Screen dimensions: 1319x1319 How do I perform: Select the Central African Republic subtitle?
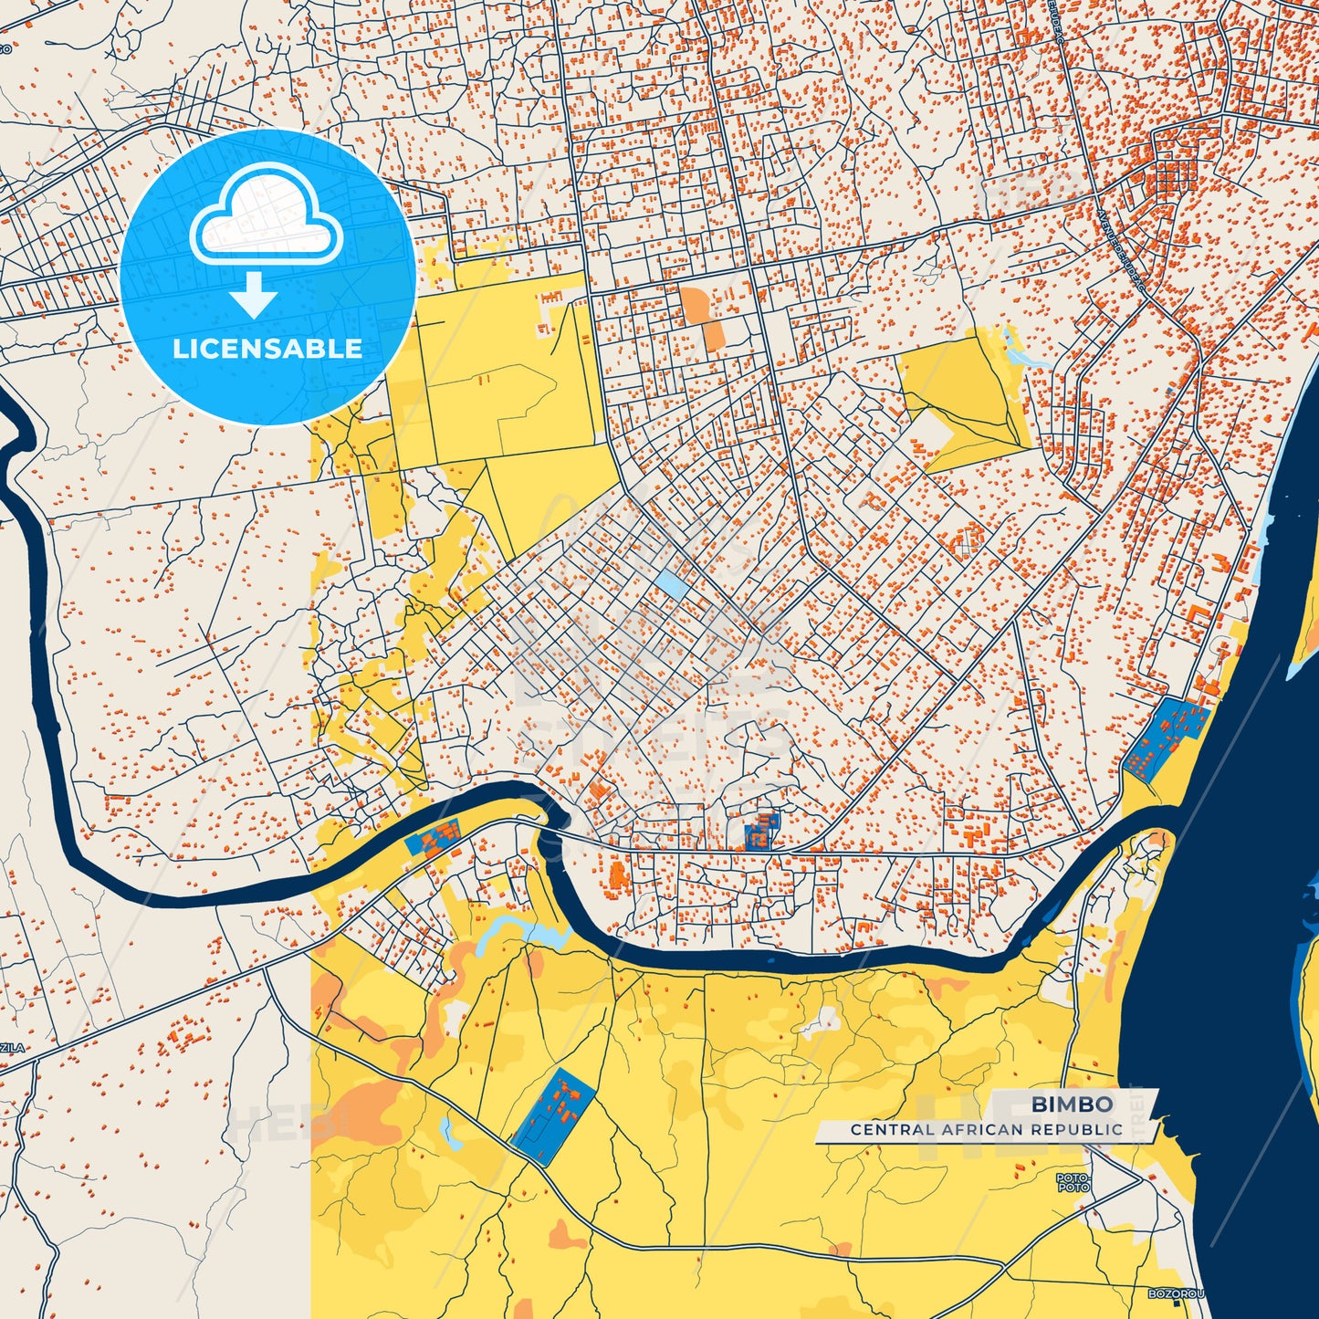(987, 1129)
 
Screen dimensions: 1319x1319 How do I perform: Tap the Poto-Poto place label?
(1073, 1183)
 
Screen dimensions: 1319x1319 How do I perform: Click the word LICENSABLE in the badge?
(267, 349)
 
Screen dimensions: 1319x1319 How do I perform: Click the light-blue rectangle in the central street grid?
(671, 585)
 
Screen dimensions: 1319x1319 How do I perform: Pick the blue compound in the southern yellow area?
(553, 1116)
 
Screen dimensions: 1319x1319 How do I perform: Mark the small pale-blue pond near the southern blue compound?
(448, 1132)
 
